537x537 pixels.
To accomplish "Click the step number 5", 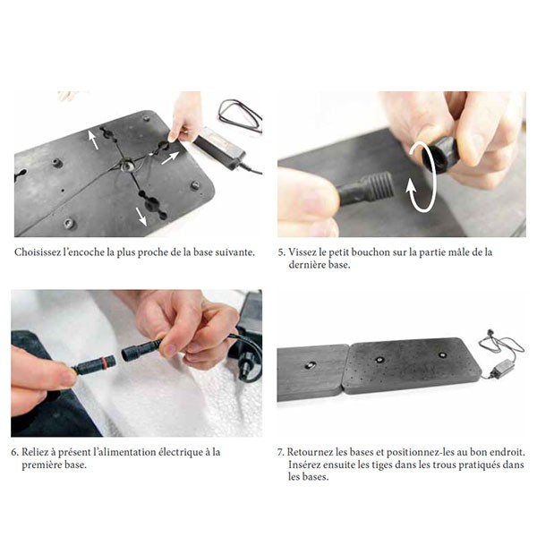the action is click(x=281, y=252).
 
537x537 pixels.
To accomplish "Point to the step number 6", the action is click(x=14, y=452).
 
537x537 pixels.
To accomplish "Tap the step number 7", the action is click(x=280, y=452).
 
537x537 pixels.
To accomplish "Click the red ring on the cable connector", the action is click(x=101, y=362).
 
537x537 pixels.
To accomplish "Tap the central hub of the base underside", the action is click(x=127, y=166).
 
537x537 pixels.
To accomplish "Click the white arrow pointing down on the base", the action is click(x=141, y=217).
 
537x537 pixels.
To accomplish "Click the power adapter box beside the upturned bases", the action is click(x=500, y=370).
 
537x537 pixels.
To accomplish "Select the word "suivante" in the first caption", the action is click(x=237, y=252).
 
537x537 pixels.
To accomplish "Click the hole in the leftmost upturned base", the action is click(x=310, y=366).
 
